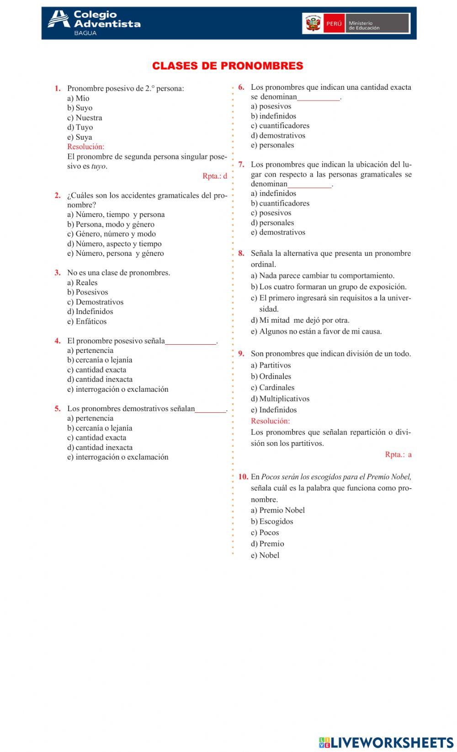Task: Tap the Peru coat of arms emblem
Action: [314, 23]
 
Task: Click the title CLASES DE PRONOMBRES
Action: [228, 66]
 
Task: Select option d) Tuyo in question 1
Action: [80, 127]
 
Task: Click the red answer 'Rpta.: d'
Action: [215, 176]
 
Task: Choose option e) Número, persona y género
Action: [116, 254]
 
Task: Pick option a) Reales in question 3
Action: [82, 282]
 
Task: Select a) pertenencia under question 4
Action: [90, 350]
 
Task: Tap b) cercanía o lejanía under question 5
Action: [100, 428]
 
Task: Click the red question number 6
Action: [241, 87]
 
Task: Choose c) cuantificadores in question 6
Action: [280, 126]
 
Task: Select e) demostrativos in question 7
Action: [278, 233]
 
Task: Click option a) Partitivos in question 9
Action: [271, 365]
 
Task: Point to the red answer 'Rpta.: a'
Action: [398, 454]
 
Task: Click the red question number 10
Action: [243, 477]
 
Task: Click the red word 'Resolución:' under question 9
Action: [270, 421]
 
